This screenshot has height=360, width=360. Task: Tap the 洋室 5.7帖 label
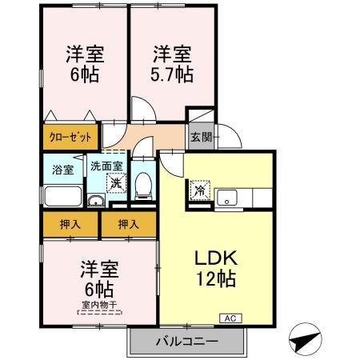pos(173,64)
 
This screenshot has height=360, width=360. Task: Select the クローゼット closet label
pos(71,138)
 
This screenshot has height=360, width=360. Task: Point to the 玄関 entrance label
pos(200,137)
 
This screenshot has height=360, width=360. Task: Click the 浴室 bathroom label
pos(63,170)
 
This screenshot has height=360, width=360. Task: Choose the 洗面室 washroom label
pos(106,167)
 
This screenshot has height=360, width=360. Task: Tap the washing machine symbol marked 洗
pos(116,183)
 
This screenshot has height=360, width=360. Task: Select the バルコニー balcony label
pos(186,342)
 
